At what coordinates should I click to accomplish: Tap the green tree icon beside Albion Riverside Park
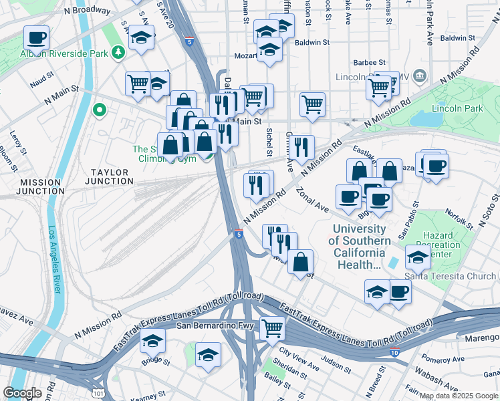[x=118, y=51]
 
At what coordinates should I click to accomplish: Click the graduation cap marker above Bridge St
[x=153, y=341]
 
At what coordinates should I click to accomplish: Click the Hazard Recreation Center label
[x=439, y=245]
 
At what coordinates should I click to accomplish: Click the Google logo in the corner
[x=22, y=393]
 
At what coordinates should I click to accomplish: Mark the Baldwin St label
[x=312, y=42]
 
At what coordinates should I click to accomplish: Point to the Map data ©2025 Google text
[x=459, y=396]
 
